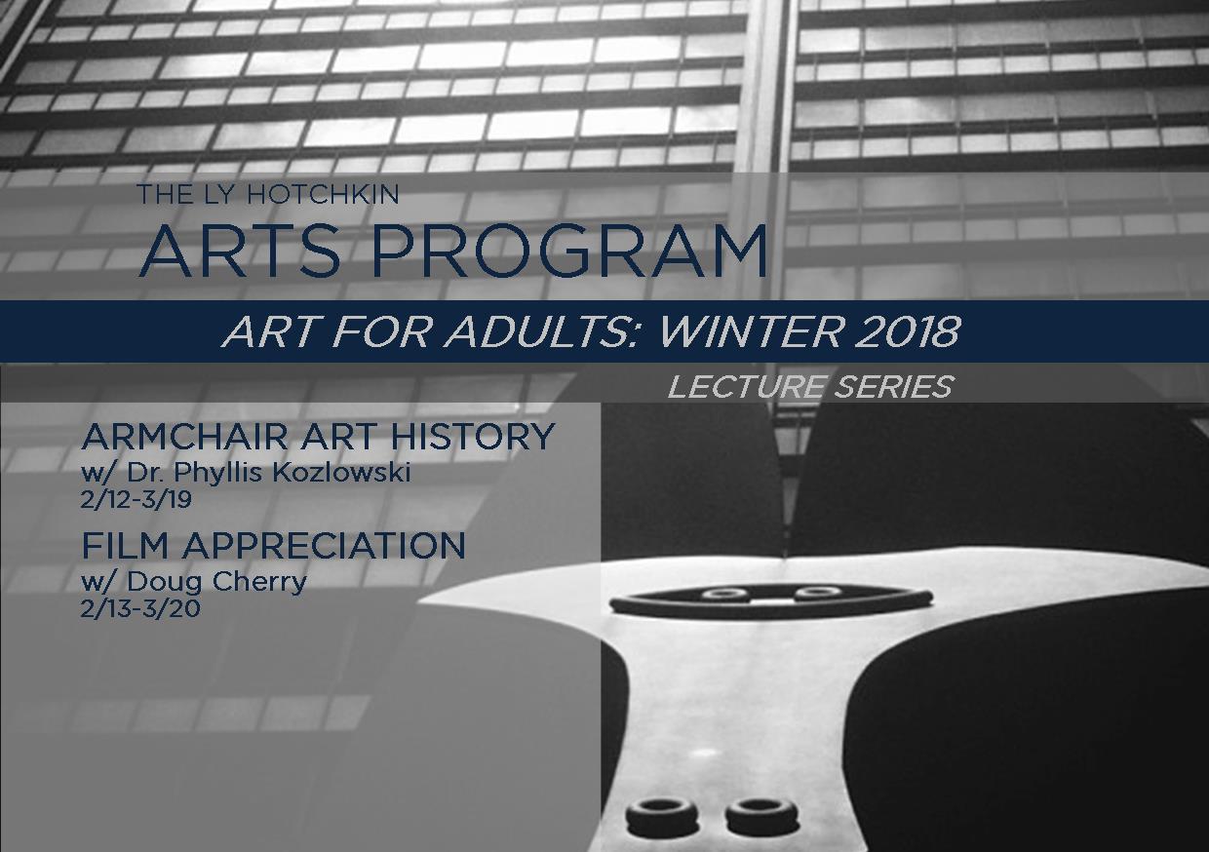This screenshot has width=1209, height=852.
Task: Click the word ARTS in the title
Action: click(x=240, y=252)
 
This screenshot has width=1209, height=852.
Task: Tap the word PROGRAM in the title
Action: click(x=569, y=252)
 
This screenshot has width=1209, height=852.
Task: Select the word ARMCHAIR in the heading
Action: click(x=185, y=437)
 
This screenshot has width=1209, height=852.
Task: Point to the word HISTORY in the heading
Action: click(x=473, y=437)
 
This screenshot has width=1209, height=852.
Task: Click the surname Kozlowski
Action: click(x=341, y=473)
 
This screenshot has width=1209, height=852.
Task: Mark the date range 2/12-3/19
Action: click(x=136, y=500)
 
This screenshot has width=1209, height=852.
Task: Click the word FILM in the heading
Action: click(x=127, y=546)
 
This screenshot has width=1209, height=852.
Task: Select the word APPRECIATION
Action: click(x=324, y=546)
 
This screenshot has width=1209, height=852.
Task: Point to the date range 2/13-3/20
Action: click(x=140, y=609)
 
